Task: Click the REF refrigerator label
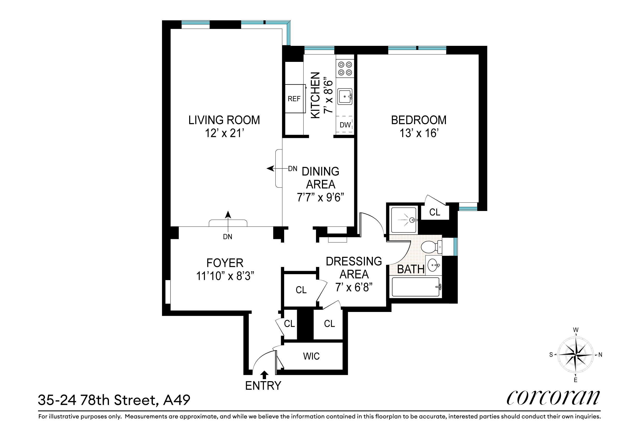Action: [294, 99]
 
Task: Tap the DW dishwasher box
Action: [345, 125]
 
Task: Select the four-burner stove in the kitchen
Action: [345, 68]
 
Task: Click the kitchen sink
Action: [345, 96]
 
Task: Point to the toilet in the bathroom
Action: [431, 247]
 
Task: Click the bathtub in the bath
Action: [416, 287]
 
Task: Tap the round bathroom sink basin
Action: [433, 265]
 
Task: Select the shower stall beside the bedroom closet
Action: [403, 220]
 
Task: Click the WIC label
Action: [311, 356]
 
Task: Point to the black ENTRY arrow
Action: [264, 375]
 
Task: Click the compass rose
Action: [576, 355]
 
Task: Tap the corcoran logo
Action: [553, 398]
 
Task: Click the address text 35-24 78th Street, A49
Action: [114, 400]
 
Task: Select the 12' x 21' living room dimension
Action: [224, 133]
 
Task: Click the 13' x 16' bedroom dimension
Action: [419, 133]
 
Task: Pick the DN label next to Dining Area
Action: [293, 169]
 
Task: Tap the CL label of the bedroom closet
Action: [435, 212]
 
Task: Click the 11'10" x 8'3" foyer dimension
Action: [225, 276]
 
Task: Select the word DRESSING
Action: [354, 261]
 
